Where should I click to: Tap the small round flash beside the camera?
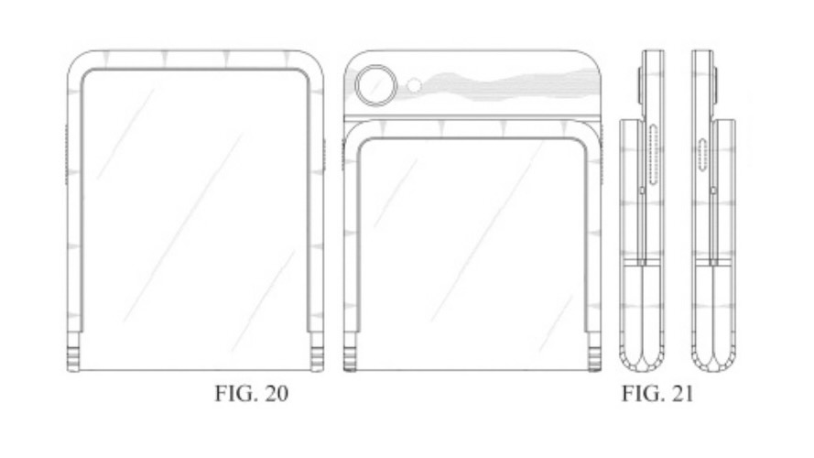414,85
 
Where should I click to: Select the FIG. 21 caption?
657,396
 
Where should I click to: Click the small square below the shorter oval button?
712,190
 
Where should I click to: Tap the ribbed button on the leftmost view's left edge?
67,156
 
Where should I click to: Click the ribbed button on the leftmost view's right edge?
325,156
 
